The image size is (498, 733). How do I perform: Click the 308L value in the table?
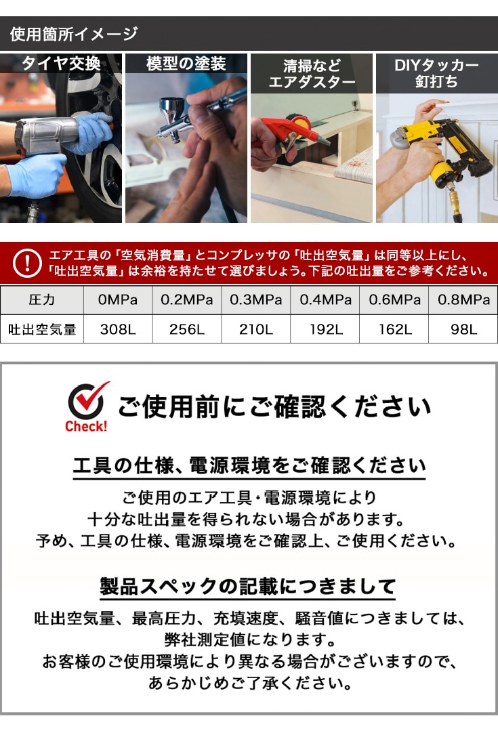click(x=119, y=330)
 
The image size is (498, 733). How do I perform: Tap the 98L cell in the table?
click(x=463, y=330)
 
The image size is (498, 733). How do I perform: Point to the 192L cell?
click(x=325, y=330)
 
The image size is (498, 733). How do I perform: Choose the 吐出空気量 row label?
click(x=42, y=330)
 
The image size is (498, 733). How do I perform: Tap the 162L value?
click(x=395, y=330)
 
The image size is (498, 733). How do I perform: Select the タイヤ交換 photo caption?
click(x=61, y=64)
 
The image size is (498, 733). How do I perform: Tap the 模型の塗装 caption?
click(x=186, y=64)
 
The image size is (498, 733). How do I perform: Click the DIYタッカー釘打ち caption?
click(x=436, y=73)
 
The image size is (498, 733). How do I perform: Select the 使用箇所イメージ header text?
click(x=73, y=34)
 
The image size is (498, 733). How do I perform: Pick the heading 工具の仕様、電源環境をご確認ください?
click(x=249, y=466)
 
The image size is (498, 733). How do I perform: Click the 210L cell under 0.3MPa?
click(x=256, y=330)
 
